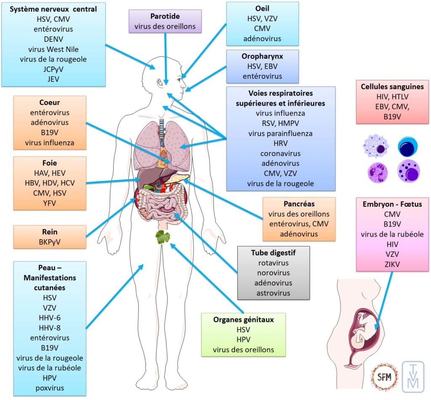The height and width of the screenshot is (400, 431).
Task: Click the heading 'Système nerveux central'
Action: (53, 9)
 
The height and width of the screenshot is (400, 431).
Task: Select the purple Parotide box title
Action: (165, 16)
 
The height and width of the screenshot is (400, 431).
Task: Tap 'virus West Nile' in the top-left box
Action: (53, 49)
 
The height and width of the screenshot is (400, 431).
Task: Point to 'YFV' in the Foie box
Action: (50, 203)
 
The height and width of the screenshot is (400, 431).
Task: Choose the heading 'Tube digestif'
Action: (274, 253)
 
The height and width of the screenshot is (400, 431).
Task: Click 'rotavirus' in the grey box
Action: (274, 263)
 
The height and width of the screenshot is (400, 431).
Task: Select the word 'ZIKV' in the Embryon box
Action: (392, 264)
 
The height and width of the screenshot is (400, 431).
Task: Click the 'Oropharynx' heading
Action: (262, 56)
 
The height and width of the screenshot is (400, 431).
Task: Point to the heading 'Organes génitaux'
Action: (243, 320)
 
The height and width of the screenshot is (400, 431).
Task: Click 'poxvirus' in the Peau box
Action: (50, 387)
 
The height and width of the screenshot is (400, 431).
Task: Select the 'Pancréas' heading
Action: (299, 204)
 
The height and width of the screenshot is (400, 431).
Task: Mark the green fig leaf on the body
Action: (162, 237)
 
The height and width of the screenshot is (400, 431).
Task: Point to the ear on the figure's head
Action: (160, 83)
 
